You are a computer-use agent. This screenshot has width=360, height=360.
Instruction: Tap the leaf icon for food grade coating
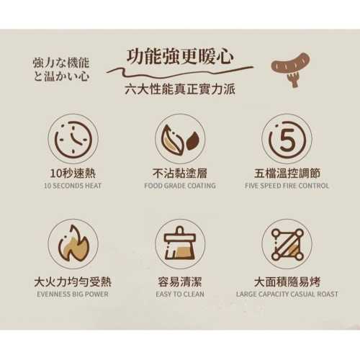pos(179,140)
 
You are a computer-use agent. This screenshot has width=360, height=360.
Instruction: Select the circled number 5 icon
pos(287,140)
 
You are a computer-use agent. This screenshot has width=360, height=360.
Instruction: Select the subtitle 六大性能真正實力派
pos(179,90)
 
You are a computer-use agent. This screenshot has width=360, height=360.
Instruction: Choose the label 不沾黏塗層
pos(179,174)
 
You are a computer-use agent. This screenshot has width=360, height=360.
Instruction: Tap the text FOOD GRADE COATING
pos(179,186)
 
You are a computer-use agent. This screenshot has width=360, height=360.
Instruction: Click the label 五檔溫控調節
pos(287,174)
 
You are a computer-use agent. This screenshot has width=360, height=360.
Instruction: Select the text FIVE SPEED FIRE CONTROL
pos(287,186)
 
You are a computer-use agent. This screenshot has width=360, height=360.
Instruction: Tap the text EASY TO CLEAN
pos(179,294)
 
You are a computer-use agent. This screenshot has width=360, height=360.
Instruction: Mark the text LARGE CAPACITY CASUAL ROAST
pos(287,294)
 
